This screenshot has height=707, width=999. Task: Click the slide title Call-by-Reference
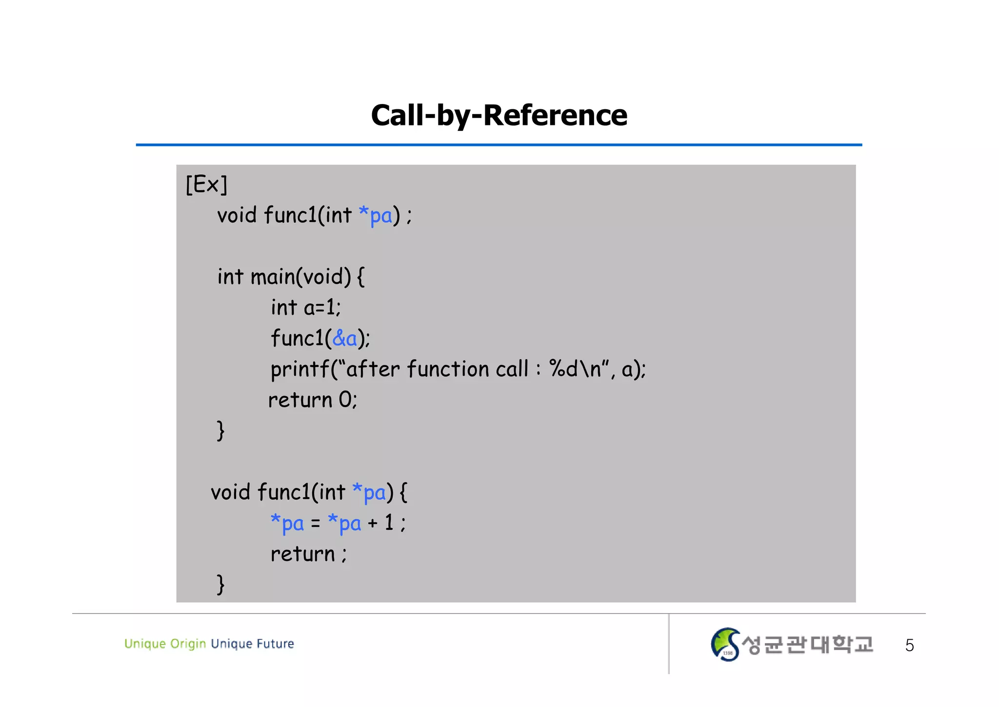(x=499, y=116)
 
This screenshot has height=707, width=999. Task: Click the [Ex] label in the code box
(x=206, y=185)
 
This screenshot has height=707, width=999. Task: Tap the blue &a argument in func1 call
(x=344, y=338)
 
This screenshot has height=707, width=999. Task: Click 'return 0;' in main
(x=313, y=400)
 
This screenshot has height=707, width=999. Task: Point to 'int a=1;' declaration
(x=306, y=308)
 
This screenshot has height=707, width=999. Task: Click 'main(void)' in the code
(x=300, y=277)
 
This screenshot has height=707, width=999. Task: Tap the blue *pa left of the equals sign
(x=287, y=523)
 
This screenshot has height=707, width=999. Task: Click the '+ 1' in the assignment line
(x=381, y=523)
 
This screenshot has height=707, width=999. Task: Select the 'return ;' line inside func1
(x=308, y=554)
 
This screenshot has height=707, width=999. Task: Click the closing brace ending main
(x=220, y=431)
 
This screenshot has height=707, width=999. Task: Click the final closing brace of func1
(x=220, y=584)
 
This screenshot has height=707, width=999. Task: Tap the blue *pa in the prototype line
(x=375, y=215)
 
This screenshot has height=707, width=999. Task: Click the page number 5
(x=909, y=646)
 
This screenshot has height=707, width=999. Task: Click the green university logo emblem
(x=725, y=645)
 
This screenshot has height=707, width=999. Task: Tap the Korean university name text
(x=807, y=645)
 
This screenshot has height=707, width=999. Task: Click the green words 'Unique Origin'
(x=165, y=644)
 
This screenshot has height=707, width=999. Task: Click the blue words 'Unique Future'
(x=252, y=644)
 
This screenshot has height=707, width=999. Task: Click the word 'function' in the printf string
(x=447, y=369)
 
